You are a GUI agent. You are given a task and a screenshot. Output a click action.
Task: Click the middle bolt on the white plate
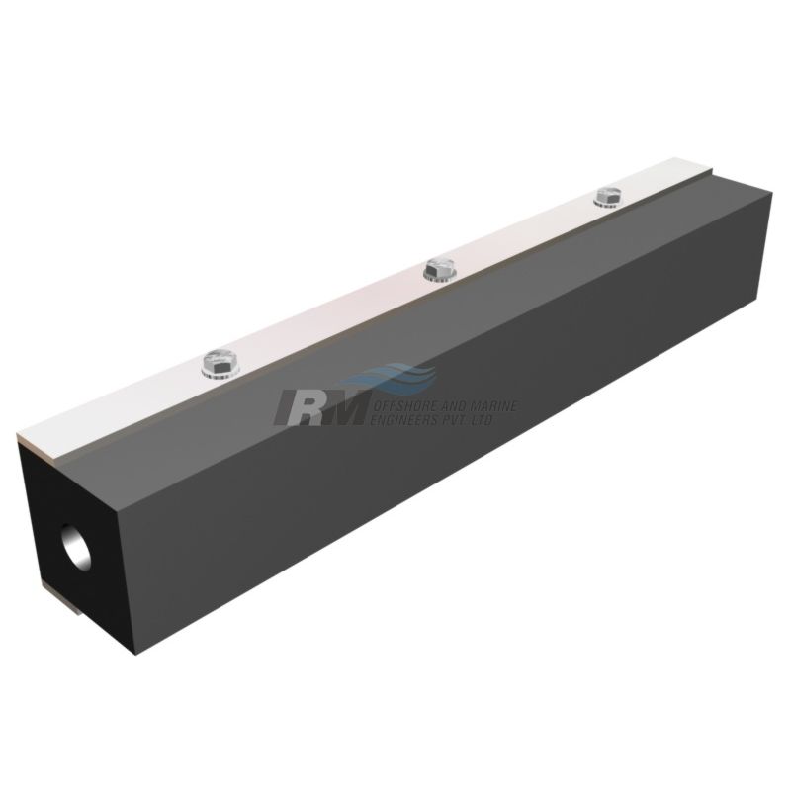click(438, 268)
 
